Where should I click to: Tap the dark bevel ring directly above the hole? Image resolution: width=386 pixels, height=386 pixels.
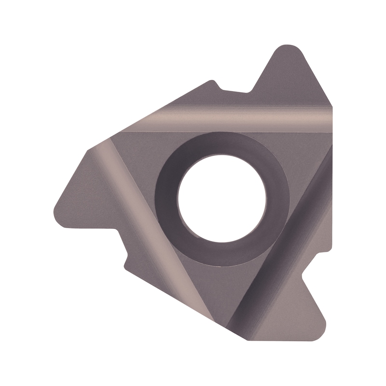[222, 145]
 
